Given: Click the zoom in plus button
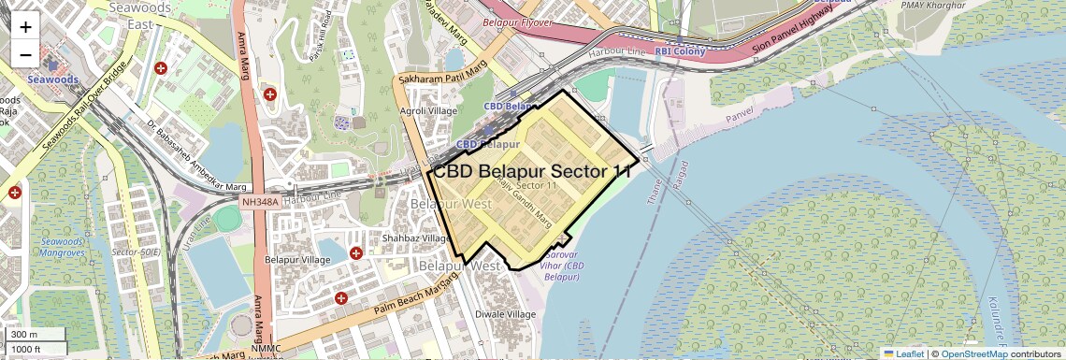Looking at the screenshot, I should click(x=25, y=26).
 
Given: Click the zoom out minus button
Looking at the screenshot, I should click(x=25, y=54).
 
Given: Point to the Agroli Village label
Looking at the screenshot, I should click(x=428, y=110).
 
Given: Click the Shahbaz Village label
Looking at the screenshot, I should click(x=416, y=238).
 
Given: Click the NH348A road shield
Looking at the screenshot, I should click(x=259, y=201).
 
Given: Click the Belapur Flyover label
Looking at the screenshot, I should click(x=518, y=21).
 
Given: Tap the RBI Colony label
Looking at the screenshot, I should click(x=680, y=51).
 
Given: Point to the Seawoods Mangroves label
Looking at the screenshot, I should click(x=63, y=247).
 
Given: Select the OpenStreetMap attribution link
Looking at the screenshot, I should click(x=973, y=353).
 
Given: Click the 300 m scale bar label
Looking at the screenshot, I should click(x=24, y=335).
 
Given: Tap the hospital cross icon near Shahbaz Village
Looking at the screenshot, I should click(x=355, y=253).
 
